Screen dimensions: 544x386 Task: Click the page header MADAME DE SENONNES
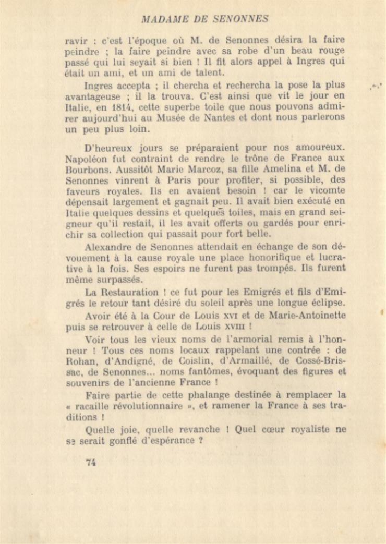pos(205,19)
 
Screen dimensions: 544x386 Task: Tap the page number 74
pos(91,461)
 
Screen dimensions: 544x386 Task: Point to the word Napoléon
pos(87,159)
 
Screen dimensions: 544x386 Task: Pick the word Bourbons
pos(85,170)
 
